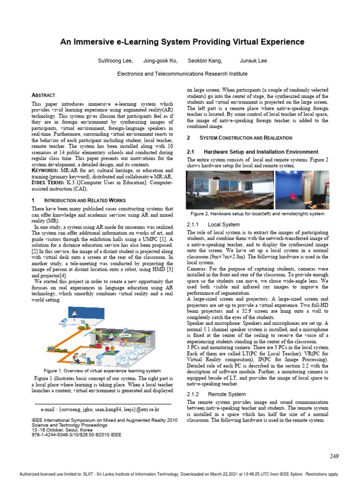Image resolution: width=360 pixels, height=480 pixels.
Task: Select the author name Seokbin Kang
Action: [205, 61]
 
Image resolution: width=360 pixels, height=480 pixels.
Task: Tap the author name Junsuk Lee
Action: [253, 61]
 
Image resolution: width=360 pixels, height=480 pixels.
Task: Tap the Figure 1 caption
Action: [102, 371]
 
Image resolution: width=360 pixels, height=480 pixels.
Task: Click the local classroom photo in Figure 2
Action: [229, 190]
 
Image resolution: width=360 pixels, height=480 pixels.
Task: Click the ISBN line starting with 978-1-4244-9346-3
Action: [76, 435]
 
